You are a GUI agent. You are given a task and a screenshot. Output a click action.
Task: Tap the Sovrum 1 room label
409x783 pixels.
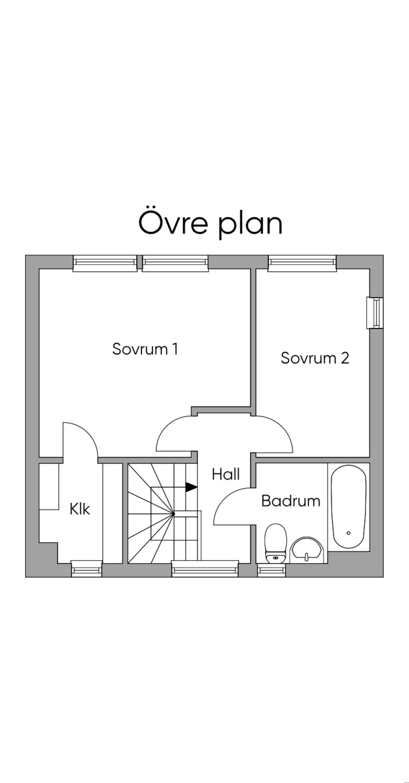(x=145, y=349)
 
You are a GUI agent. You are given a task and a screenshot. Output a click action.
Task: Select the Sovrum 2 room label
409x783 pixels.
(x=315, y=358)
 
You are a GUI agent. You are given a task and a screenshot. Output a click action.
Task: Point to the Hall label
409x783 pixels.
(x=226, y=474)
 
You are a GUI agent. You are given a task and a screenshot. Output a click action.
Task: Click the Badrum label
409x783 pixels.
(x=291, y=501)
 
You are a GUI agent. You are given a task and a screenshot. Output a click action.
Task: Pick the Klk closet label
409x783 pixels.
(x=80, y=509)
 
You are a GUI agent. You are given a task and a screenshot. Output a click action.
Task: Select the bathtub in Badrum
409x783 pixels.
(x=349, y=507)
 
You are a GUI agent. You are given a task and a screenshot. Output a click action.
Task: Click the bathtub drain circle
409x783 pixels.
(x=349, y=533)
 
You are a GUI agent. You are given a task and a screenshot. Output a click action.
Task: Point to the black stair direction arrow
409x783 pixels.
(x=192, y=487)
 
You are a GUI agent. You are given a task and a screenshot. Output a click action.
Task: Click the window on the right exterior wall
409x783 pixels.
(x=375, y=313)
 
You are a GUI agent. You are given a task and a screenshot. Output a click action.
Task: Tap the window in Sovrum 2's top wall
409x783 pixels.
(x=302, y=262)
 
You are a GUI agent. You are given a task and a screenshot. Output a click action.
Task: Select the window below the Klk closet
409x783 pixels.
(x=87, y=569)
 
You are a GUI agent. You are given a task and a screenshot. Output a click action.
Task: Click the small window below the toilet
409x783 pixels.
(x=272, y=570)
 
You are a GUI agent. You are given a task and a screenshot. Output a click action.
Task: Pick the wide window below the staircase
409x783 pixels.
(x=205, y=568)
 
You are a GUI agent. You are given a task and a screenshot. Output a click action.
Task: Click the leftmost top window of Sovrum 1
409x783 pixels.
(x=105, y=262)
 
